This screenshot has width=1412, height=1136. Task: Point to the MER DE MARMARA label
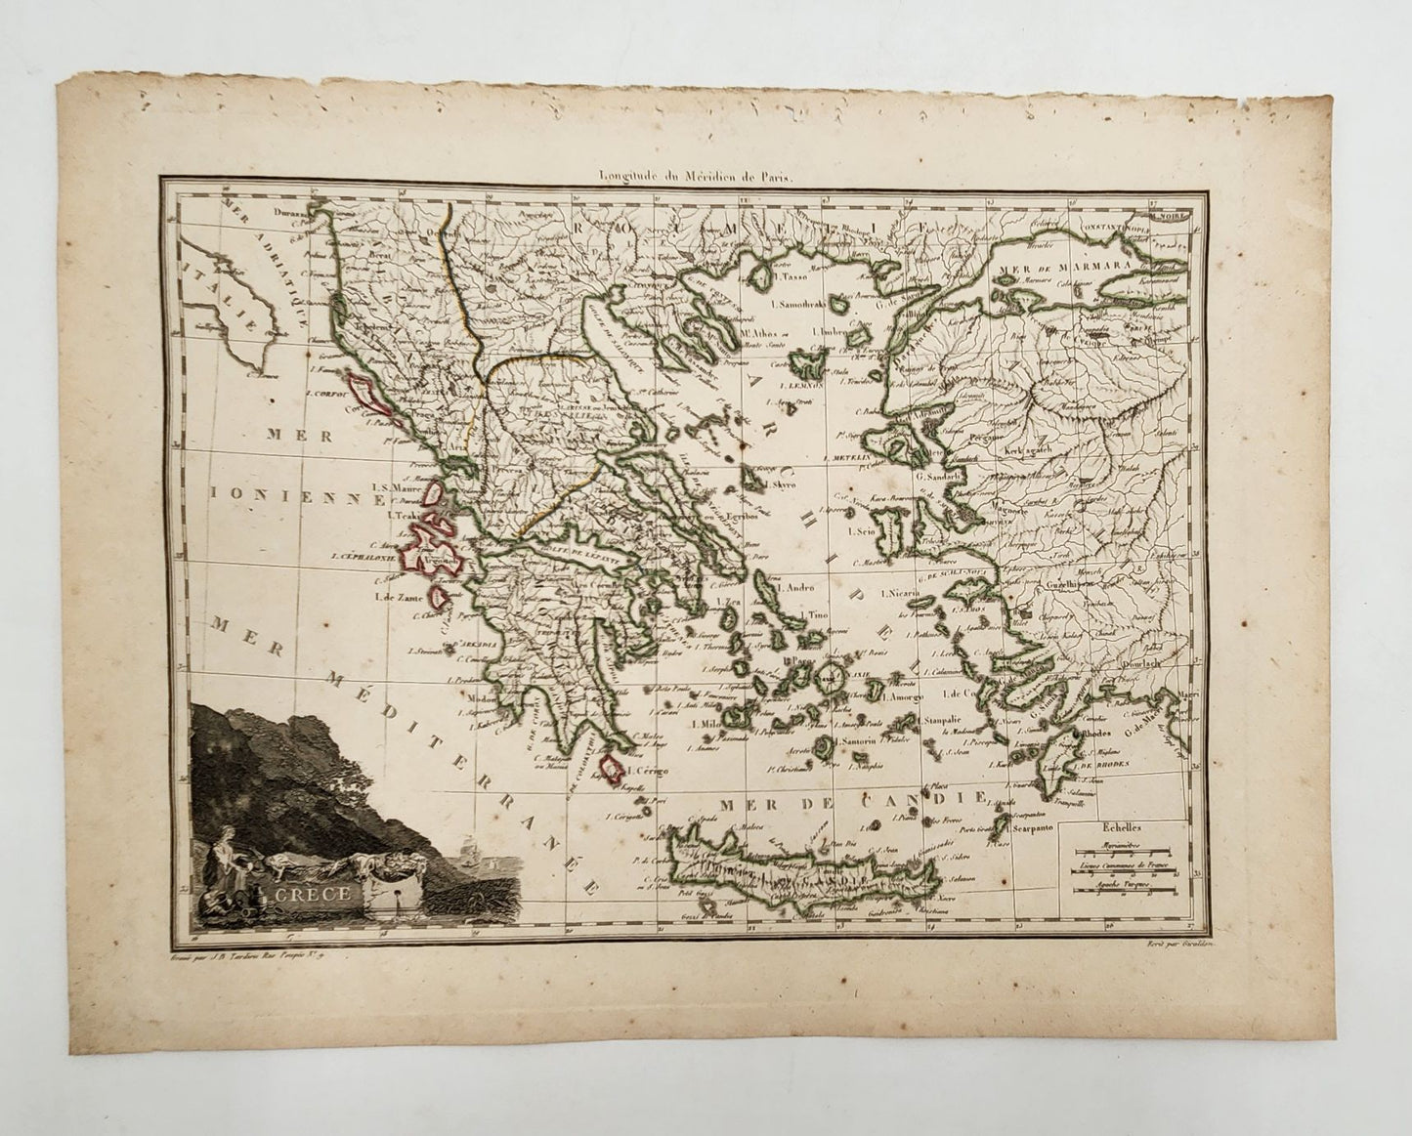pos(1048,264)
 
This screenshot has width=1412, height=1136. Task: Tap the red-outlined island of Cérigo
pos(611,769)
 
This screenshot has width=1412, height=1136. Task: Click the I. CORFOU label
pos(326,393)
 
